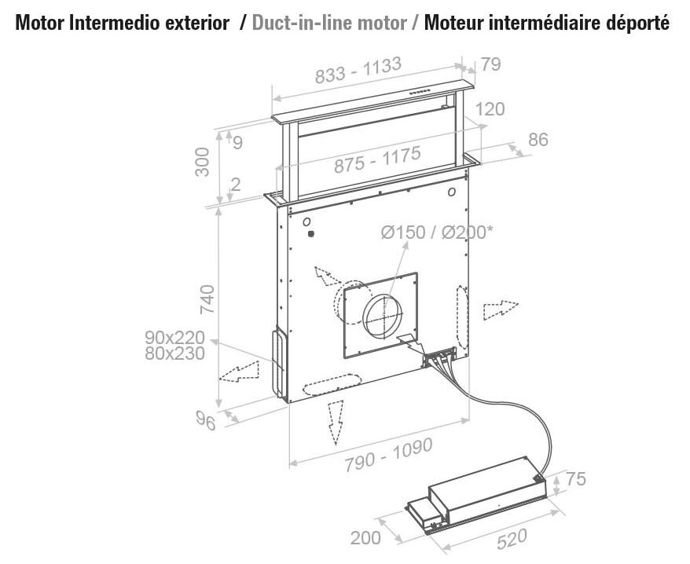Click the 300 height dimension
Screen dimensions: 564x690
point(204,162)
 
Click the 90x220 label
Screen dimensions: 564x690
point(174,338)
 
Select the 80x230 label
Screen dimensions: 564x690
point(174,353)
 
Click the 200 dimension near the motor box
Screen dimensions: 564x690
point(365,538)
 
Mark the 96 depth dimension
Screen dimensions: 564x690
point(206,421)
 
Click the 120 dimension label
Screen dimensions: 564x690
point(490,109)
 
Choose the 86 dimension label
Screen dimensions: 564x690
point(538,140)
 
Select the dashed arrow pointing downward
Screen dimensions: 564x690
point(336,422)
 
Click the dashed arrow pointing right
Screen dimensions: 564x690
point(500,308)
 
